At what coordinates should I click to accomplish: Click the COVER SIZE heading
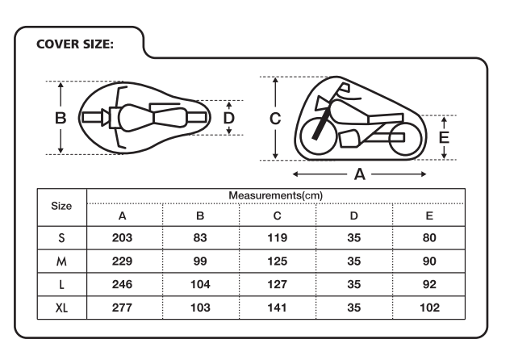(x=75, y=44)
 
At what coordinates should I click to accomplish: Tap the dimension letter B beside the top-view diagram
(x=61, y=118)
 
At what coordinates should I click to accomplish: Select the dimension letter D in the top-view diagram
(x=229, y=118)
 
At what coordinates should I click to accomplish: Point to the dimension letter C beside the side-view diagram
(x=275, y=119)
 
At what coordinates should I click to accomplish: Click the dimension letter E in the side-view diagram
(x=444, y=137)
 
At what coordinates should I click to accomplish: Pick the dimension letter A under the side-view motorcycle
(x=360, y=174)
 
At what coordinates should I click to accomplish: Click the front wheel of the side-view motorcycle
(x=318, y=136)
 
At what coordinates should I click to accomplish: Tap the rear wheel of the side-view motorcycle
(x=405, y=139)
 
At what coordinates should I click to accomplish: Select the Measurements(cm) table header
(x=276, y=195)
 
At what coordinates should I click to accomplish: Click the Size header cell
(x=61, y=206)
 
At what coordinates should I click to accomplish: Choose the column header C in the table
(x=277, y=216)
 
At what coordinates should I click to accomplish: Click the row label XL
(x=61, y=308)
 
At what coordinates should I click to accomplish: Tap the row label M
(x=61, y=262)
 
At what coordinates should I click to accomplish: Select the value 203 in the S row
(x=123, y=237)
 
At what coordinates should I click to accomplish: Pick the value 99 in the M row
(x=200, y=262)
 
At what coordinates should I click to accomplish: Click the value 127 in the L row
(x=278, y=284)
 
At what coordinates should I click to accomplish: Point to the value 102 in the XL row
(x=429, y=308)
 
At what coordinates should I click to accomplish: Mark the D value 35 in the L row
(x=354, y=284)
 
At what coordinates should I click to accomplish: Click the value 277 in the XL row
(x=123, y=308)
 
